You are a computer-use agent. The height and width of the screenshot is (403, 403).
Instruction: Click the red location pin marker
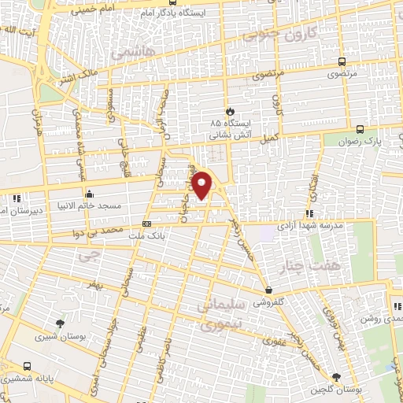tap(203, 185)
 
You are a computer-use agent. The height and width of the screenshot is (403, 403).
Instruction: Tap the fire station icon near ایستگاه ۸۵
tap(230, 111)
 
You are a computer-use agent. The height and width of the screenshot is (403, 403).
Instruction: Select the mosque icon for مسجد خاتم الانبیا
tap(89, 194)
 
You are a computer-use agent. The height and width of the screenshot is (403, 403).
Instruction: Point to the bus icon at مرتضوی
tap(341, 61)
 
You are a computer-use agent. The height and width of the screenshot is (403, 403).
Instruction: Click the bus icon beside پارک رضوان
tap(360, 128)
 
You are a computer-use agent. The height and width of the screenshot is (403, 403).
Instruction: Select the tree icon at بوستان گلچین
tap(337, 379)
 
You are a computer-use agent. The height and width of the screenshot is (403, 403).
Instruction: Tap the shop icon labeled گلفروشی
tap(268, 290)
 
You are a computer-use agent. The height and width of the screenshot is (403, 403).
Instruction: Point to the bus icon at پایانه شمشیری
tap(28, 366)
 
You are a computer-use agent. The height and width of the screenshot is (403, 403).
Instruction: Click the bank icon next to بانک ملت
tap(145, 224)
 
